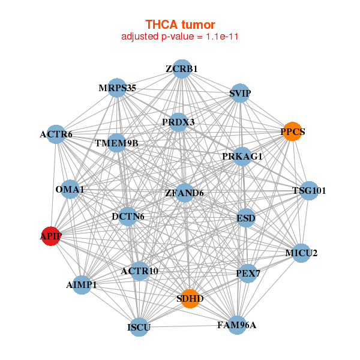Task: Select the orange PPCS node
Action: click(x=292, y=131)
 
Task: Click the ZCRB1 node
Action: click(x=182, y=69)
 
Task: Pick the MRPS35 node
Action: click(x=117, y=88)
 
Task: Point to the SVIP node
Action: click(x=239, y=93)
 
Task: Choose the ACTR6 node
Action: click(x=57, y=134)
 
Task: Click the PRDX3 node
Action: click(x=179, y=122)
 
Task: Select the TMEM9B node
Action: click(x=117, y=143)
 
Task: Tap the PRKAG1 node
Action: click(x=242, y=157)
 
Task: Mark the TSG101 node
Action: click(x=308, y=191)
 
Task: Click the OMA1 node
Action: click(x=70, y=190)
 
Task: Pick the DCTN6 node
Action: click(x=127, y=216)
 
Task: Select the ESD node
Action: click(x=245, y=217)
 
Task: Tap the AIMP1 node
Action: click(x=82, y=284)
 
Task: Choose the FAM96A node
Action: click(x=236, y=325)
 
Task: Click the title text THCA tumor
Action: click(x=180, y=24)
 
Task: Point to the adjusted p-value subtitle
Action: click(x=180, y=37)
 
